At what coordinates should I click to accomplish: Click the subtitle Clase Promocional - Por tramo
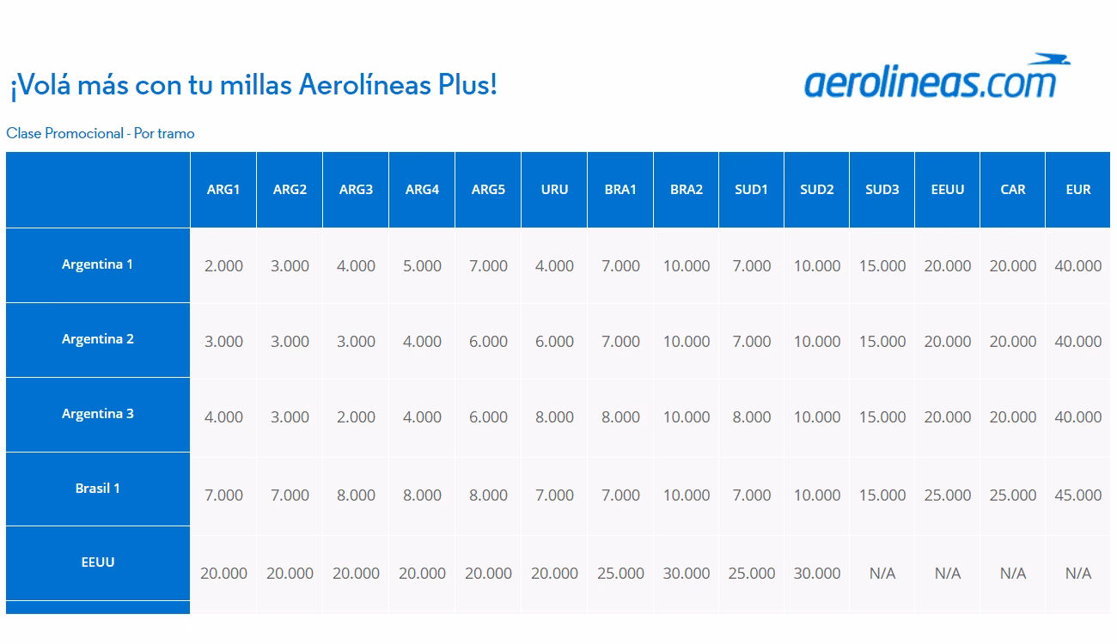point(101,133)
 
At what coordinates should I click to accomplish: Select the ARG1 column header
point(223,190)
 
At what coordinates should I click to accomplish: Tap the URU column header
point(554,190)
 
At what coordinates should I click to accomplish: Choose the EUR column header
point(1077,190)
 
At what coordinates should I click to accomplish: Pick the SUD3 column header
point(882,190)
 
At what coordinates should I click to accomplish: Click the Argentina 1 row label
point(97,264)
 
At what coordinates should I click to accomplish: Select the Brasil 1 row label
point(97,489)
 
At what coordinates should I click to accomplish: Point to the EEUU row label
point(97,562)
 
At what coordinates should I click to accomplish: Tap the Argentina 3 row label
point(97,414)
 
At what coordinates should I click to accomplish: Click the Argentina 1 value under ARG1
point(223,266)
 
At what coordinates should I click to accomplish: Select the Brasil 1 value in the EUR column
point(1077,495)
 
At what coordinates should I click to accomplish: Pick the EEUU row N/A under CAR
point(1013,574)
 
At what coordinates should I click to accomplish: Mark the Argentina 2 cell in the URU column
point(554,342)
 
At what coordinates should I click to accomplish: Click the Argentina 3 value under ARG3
point(356,417)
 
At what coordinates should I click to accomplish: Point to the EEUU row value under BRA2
point(687,574)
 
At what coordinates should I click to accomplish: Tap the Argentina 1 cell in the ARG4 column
point(422,266)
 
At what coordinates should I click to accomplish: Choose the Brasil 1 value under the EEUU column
point(948,495)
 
